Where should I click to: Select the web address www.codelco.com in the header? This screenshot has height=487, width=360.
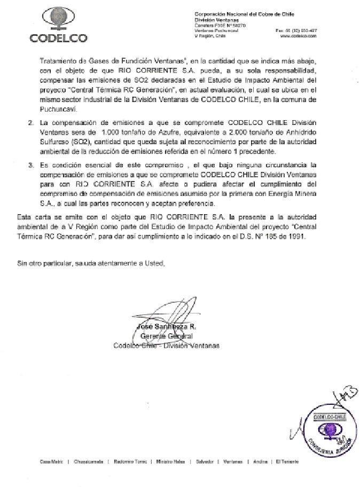(x=304, y=37)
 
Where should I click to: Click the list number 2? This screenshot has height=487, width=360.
(x=30, y=124)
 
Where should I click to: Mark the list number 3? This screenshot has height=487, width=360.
(x=30, y=166)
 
